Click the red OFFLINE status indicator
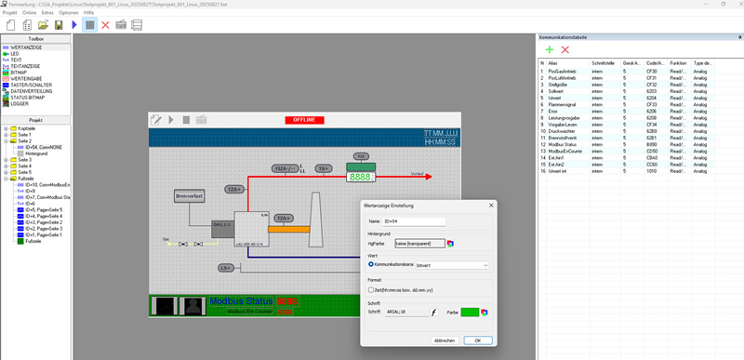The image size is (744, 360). click(x=305, y=120)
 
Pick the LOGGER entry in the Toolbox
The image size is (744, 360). click(x=20, y=103)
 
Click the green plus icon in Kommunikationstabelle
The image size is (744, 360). click(x=549, y=49)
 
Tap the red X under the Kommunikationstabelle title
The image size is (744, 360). click(x=565, y=49)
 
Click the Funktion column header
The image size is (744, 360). click(x=678, y=62)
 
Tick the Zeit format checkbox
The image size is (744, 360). click(x=371, y=289)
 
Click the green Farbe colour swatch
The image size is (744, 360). click(x=469, y=313)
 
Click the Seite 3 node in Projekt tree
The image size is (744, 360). click(x=24, y=159)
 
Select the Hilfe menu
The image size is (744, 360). click(x=89, y=12)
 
